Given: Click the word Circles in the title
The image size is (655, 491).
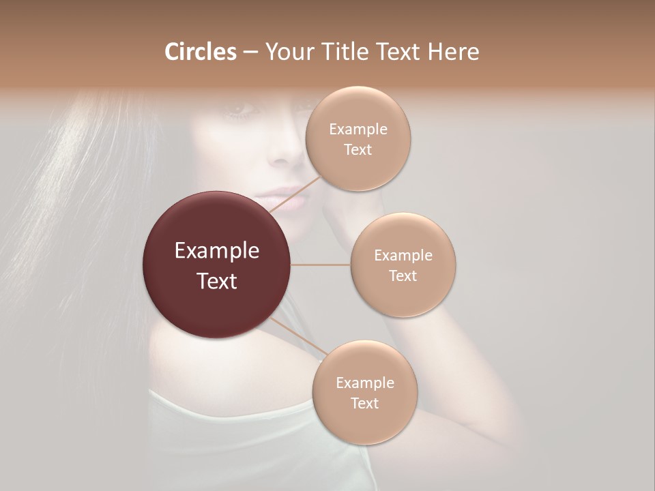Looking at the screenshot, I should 200,52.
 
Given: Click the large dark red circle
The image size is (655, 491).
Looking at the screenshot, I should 216,265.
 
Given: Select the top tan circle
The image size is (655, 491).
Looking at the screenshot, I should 358,138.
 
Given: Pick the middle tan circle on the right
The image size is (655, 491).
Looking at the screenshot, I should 403,265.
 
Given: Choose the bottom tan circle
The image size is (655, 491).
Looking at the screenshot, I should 364,392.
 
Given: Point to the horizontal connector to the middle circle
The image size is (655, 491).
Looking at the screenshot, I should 321,265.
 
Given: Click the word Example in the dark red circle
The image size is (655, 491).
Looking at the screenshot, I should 216,251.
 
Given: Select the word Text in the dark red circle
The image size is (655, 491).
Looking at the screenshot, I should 216,281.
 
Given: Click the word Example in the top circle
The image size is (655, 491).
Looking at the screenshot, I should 358,129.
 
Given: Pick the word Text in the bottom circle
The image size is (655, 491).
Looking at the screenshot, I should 364,403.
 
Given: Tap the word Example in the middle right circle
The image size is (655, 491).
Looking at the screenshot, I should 403,255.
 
